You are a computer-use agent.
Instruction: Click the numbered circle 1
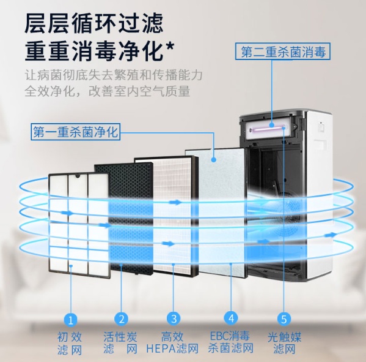pyautogui.click(x=71, y=319)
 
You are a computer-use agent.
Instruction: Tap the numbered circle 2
pyautogui.click(x=122, y=319)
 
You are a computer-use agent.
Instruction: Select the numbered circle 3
pyautogui.click(x=174, y=319)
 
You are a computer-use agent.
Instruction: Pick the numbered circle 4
pyautogui.click(x=231, y=318)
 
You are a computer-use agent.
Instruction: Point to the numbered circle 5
pyautogui.click(x=284, y=319)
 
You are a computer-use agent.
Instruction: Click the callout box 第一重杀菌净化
pyautogui.click(x=76, y=132)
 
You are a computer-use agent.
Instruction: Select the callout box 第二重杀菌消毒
pyautogui.click(x=283, y=51)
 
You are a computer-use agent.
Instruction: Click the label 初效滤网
pyautogui.click(x=70, y=344)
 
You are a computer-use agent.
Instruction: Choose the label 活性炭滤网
pyautogui.click(x=120, y=343)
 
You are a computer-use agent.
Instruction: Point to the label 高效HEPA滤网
pyautogui.click(x=172, y=343)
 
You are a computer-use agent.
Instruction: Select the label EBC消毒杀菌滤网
pyautogui.click(x=230, y=342)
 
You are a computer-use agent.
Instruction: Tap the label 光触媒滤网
pyautogui.click(x=284, y=343)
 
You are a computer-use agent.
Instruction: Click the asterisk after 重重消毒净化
pyautogui.click(x=170, y=47)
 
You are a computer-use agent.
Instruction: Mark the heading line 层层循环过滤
pyautogui.click(x=94, y=24)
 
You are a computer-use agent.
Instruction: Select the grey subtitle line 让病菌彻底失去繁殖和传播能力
pyautogui.click(x=114, y=75)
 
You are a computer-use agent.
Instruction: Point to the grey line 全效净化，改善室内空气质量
pyautogui.click(x=108, y=91)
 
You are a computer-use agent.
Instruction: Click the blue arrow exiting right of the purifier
pyautogui.click(x=331, y=235)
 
